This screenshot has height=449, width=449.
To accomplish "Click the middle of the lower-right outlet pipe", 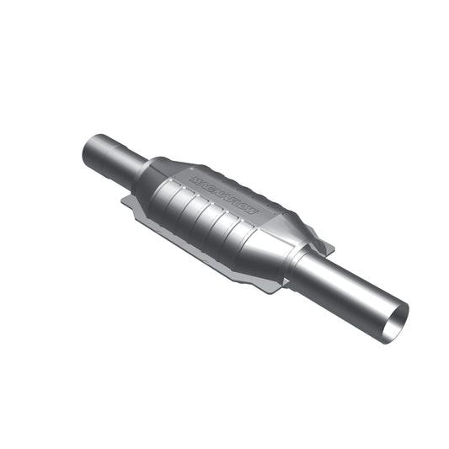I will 350,293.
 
